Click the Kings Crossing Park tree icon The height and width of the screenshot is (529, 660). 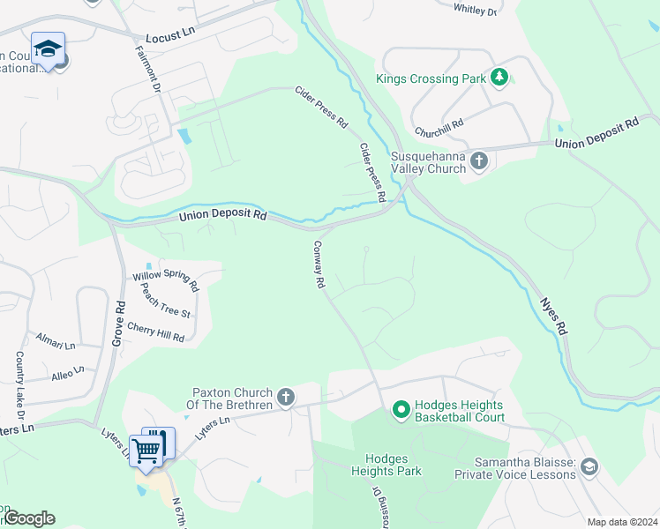click(499, 78)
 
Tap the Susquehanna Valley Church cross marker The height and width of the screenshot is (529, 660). click(478, 160)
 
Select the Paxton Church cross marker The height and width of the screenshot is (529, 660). click(285, 398)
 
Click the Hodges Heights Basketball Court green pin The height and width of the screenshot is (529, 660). click(401, 410)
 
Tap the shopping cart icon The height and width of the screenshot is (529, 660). click(146, 450)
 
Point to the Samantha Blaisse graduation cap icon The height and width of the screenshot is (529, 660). click(589, 466)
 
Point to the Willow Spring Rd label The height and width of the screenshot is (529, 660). click(166, 280)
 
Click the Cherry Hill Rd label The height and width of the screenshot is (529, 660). click(155, 331)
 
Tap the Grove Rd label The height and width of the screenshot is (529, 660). click(119, 318)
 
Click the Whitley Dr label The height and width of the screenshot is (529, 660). click(476, 10)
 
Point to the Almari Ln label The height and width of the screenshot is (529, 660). click(56, 339)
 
